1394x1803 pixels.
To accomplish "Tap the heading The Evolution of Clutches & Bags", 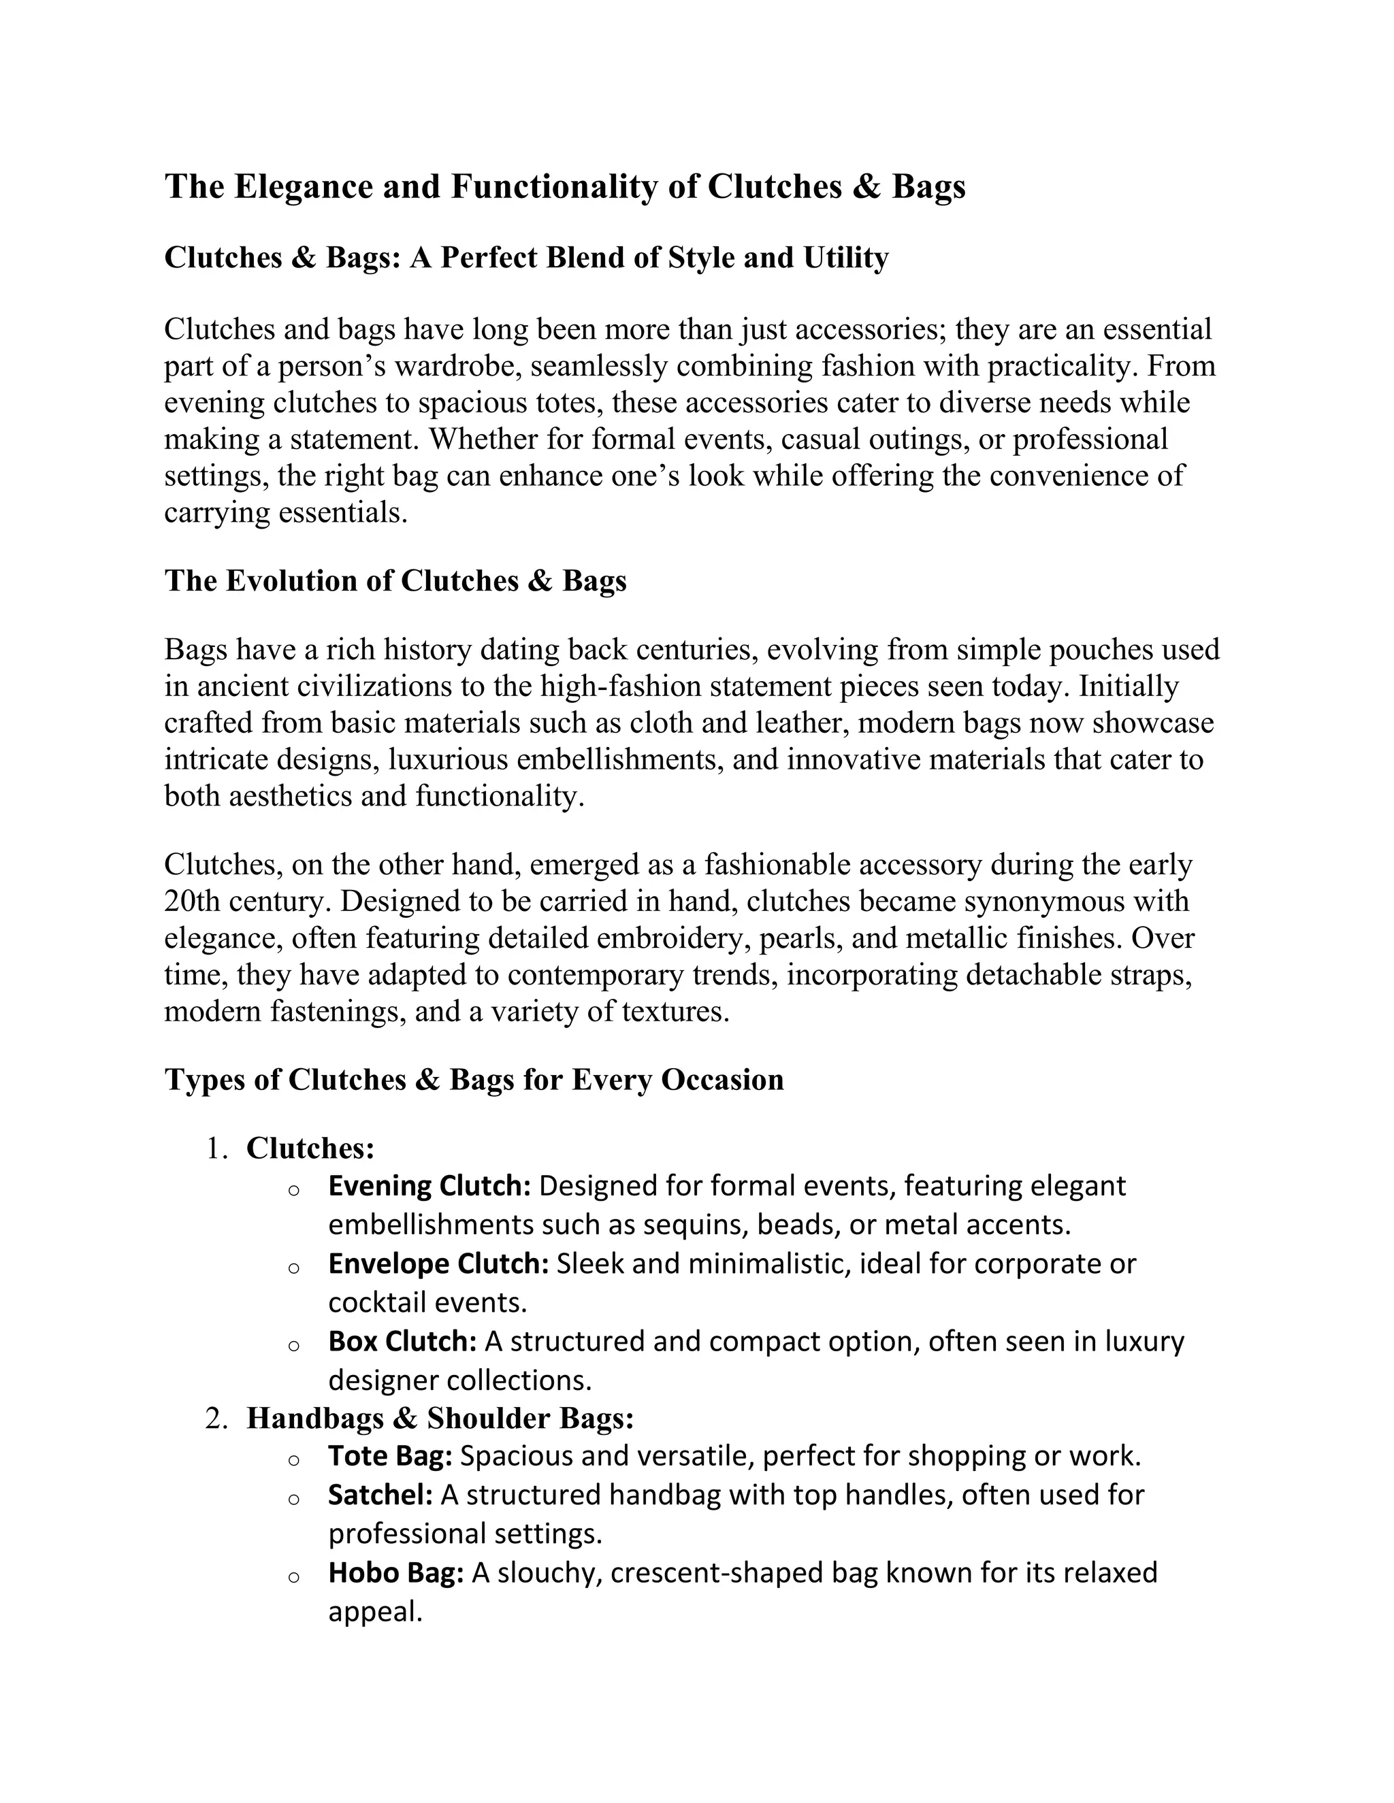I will [395, 581].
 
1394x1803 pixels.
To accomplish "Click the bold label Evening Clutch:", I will [429, 1187].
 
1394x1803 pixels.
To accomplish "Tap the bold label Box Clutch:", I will [403, 1342].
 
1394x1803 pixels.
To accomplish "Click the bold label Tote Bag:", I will [390, 1455].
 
